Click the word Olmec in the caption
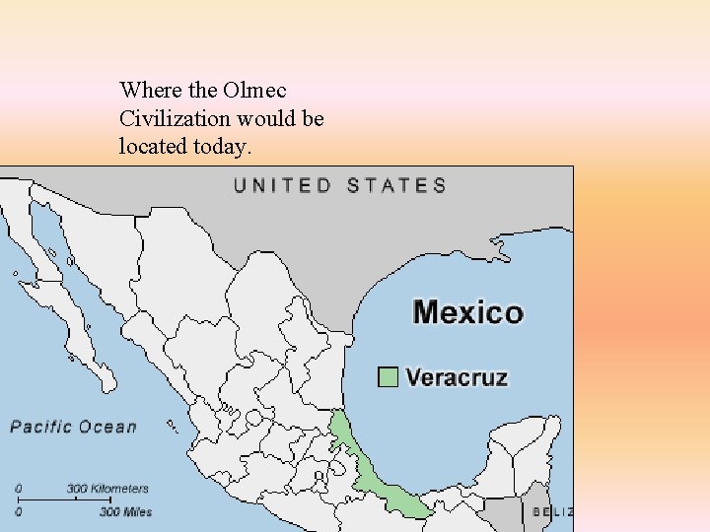(x=254, y=90)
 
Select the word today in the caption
(x=223, y=147)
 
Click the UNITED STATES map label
(x=339, y=185)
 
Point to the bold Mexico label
(x=467, y=312)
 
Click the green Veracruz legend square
(x=389, y=377)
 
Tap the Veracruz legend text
(x=457, y=377)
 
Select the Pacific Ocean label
(x=73, y=427)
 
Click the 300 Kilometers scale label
(x=107, y=489)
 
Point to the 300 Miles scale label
(x=125, y=511)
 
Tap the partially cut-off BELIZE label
(x=552, y=511)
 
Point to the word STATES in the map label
(x=396, y=185)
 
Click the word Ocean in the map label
(x=108, y=427)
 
